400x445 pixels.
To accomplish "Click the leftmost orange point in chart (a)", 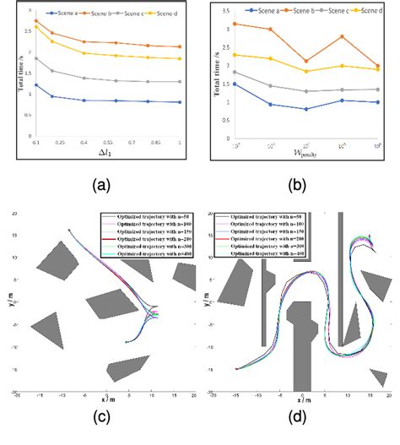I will [x=36, y=20].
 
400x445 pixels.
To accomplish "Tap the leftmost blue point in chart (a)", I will [x=36, y=84].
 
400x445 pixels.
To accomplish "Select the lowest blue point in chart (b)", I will [x=306, y=109].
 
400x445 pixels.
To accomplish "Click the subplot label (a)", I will [x=106, y=181].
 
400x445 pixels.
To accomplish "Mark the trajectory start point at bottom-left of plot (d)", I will [x=236, y=369].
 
